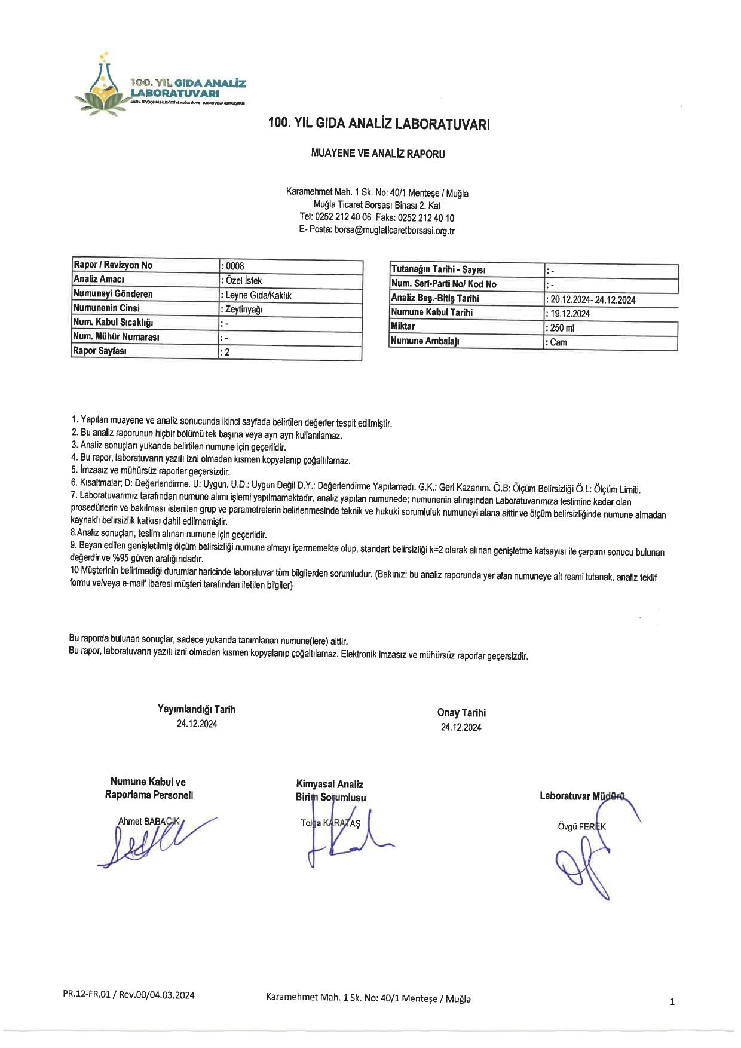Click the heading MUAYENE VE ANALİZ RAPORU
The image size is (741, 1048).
tap(378, 154)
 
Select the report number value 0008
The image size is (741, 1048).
tap(235, 266)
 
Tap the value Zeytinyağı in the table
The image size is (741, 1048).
tap(243, 310)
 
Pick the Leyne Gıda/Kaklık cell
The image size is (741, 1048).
tap(258, 295)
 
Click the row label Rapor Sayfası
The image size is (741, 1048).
tap(101, 351)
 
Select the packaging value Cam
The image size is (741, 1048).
tap(558, 342)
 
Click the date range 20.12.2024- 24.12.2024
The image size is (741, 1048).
tap(592, 300)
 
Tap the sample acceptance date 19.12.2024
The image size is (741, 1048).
tap(570, 314)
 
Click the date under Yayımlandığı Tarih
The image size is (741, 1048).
tap(197, 724)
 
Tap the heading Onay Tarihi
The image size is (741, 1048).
tap(461, 712)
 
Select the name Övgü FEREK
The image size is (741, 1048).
tap(581, 826)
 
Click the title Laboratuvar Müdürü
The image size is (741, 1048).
tap(581, 795)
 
